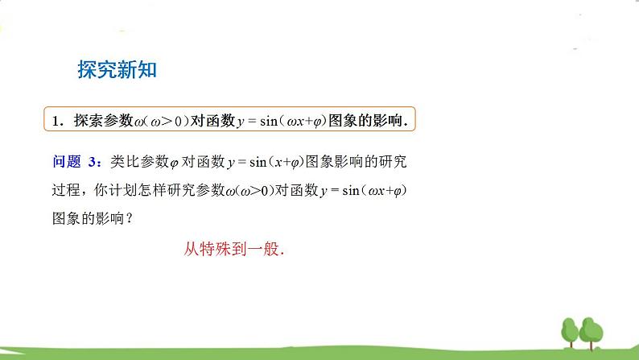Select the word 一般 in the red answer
[x=266, y=249]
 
